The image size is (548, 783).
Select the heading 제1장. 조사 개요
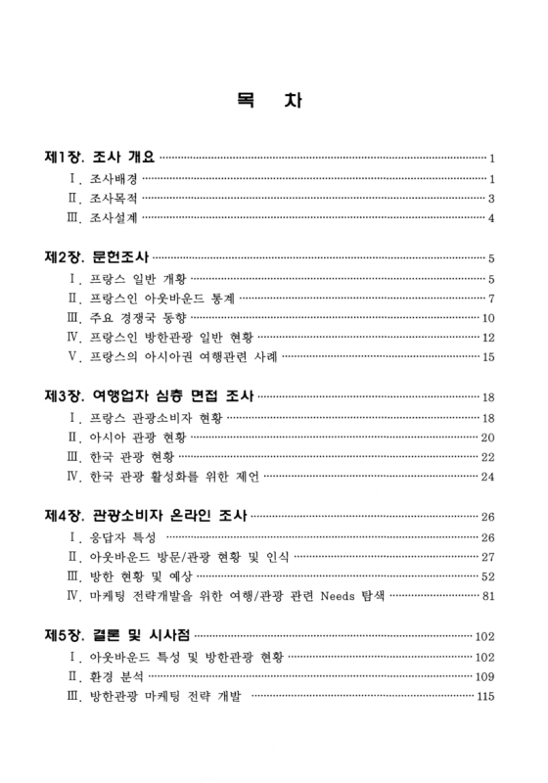pyautogui.click(x=101, y=157)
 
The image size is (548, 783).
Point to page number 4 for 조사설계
pyautogui.click(x=491, y=218)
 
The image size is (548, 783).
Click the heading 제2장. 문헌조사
pyautogui.click(x=96, y=258)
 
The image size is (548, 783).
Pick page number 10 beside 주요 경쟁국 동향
pyautogui.click(x=488, y=319)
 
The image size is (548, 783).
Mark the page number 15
pyautogui.click(x=488, y=358)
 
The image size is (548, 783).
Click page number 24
pyautogui.click(x=488, y=478)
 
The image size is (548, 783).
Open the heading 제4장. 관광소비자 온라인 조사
pyautogui.click(x=146, y=517)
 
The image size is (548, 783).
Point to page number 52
pyautogui.click(x=488, y=577)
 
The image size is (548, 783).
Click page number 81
pyautogui.click(x=488, y=597)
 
